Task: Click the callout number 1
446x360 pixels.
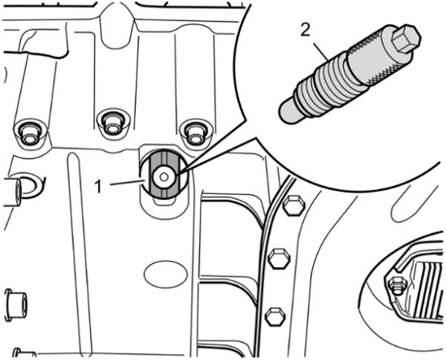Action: (98, 187)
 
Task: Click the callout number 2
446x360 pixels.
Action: (306, 30)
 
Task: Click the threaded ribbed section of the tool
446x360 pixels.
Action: (327, 86)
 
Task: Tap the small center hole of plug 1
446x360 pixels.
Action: (164, 177)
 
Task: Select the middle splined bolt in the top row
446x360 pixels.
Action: (113, 125)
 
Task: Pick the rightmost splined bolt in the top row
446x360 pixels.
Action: (196, 134)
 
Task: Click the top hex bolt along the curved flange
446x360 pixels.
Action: (294, 205)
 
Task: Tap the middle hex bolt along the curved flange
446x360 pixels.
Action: (279, 258)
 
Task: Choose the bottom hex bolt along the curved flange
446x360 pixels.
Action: (275, 316)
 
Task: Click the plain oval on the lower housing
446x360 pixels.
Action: (166, 274)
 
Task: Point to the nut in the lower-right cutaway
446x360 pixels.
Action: (397, 285)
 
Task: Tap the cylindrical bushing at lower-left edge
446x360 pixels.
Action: (16, 305)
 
